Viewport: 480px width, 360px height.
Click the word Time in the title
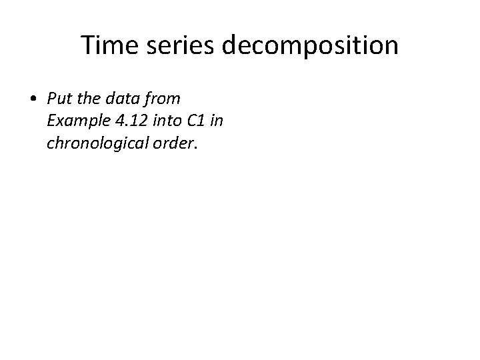pos(107,46)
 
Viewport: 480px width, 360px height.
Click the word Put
pos(59,99)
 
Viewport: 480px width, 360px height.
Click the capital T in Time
pos(87,46)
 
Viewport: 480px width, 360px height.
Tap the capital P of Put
pos(51,99)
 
